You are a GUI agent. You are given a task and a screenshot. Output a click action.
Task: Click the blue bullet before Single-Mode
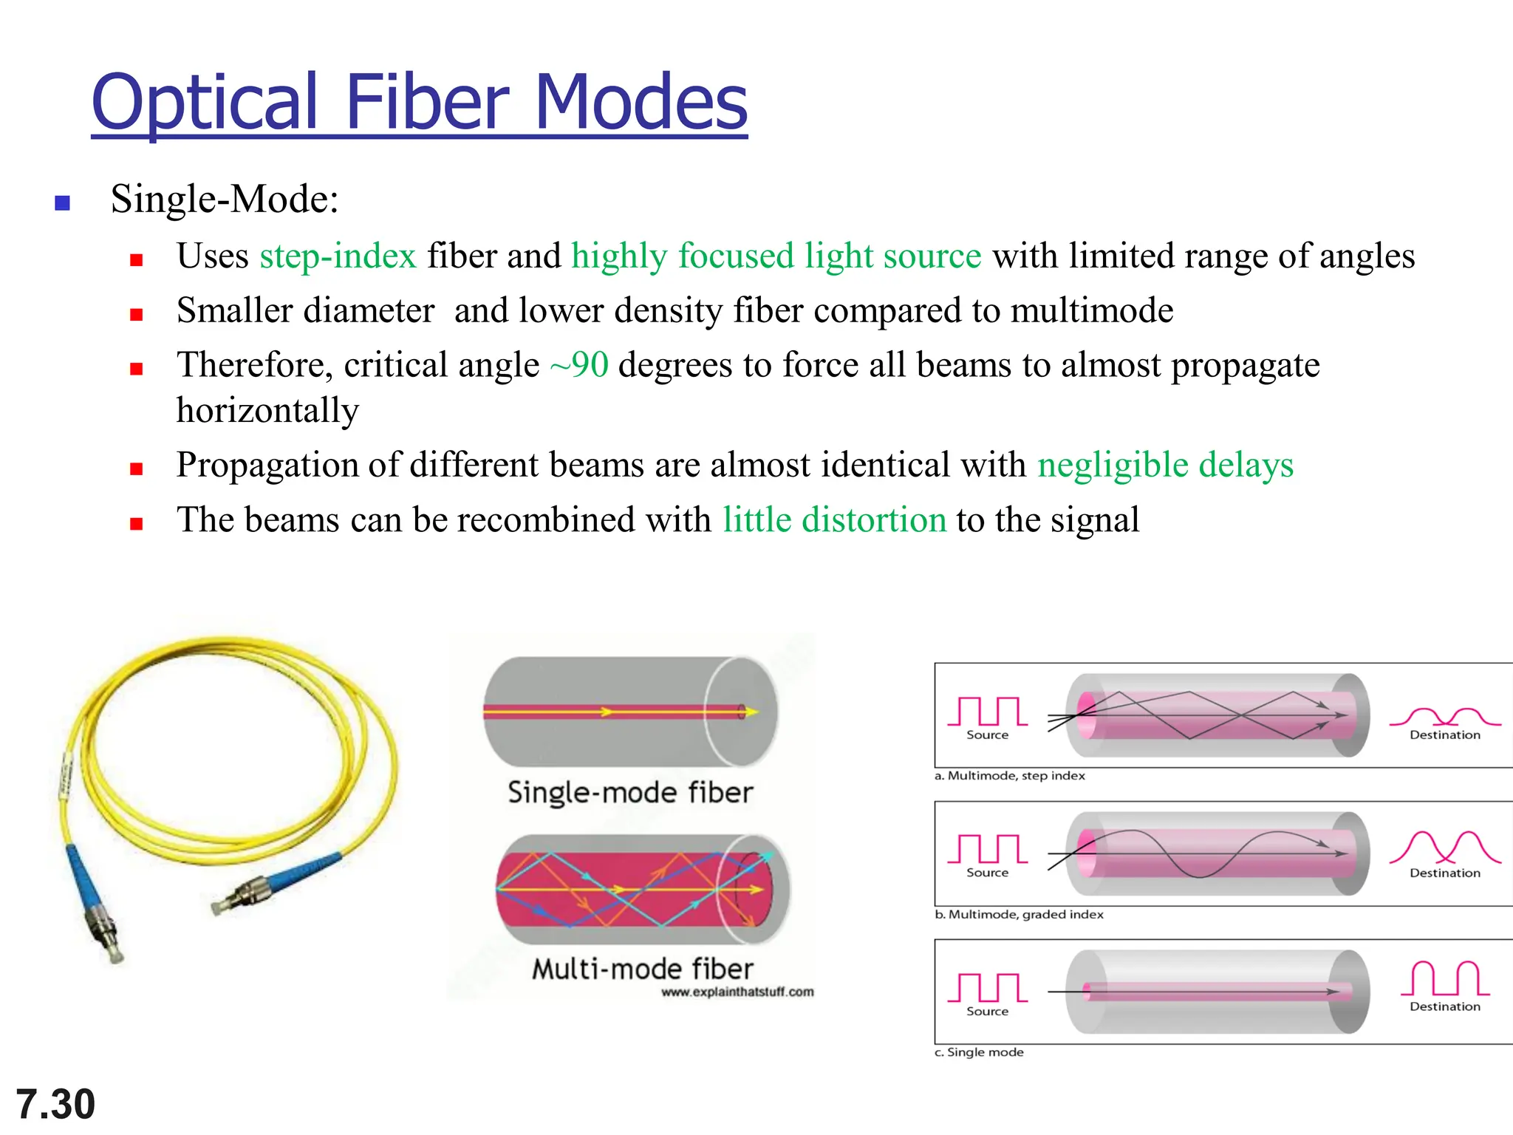coord(63,202)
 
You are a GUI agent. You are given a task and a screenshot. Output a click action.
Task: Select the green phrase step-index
coord(338,256)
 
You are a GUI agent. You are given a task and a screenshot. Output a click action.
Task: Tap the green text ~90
coord(579,365)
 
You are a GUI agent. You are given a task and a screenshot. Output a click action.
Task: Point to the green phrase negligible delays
coord(1165,466)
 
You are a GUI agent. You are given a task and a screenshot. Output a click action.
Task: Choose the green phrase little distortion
coord(834,520)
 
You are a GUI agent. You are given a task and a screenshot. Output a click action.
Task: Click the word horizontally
coord(267,411)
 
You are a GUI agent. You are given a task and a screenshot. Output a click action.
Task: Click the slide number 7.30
coord(55,1104)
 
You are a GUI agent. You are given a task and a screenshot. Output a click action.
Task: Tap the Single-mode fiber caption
coord(630,793)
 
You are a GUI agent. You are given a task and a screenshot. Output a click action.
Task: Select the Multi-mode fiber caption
coord(642,969)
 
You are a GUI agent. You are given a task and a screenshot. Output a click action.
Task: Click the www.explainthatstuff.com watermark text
coord(737,992)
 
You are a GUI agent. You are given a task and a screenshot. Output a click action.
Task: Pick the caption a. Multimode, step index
coord(1009,776)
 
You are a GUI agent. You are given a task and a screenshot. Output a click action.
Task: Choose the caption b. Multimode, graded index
coord(1019,915)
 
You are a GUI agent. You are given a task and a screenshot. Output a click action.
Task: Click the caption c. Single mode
coord(979,1052)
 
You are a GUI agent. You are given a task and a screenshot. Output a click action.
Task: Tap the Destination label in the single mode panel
coord(1444,1006)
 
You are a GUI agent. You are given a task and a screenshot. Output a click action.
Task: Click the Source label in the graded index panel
coord(987,873)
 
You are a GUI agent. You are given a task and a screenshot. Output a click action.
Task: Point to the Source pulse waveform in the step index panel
coord(987,711)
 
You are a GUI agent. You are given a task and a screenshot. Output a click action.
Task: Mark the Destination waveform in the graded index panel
coord(1444,848)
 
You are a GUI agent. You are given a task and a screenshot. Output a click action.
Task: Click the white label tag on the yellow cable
coord(65,775)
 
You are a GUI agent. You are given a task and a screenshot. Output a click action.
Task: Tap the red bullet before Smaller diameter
coord(136,315)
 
